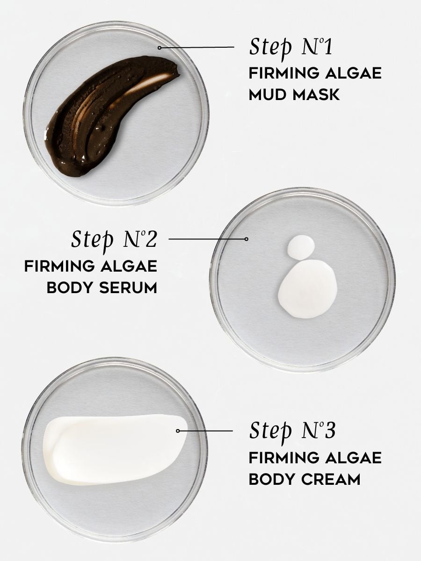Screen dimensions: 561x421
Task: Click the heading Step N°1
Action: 290,48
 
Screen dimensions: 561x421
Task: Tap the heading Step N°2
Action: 113,239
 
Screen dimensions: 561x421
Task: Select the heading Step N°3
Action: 292,431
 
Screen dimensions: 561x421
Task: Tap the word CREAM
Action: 329,479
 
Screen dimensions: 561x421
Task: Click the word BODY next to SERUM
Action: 68,288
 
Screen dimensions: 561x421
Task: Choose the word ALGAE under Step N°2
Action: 129,266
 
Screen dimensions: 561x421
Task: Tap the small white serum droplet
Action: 301,246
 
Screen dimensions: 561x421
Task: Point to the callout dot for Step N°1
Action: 160,48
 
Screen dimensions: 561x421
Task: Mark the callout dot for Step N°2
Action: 247,239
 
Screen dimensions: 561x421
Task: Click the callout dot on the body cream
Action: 178,431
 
